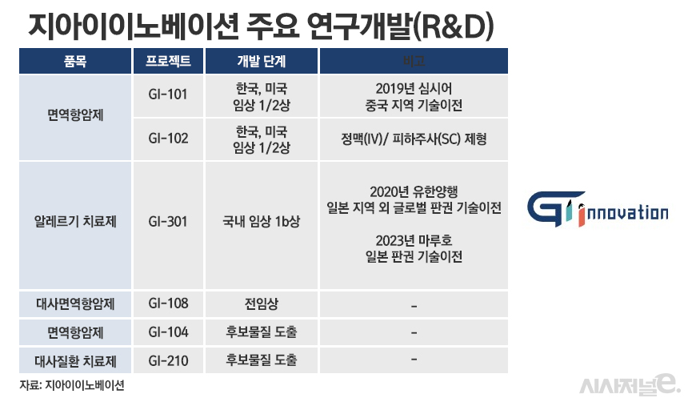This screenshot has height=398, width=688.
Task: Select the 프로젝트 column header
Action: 168,62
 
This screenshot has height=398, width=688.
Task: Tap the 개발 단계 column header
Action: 261,62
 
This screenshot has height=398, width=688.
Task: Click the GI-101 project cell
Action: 168,95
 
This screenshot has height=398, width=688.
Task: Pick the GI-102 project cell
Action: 168,139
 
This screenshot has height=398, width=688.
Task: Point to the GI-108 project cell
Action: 168,304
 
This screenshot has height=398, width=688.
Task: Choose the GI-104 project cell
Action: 168,331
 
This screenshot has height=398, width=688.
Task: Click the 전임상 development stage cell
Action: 261,304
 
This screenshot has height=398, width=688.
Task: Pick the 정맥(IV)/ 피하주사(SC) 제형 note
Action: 413,139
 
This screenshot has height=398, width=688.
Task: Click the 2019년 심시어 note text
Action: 413,87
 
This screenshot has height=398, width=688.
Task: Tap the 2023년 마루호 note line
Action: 413,240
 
